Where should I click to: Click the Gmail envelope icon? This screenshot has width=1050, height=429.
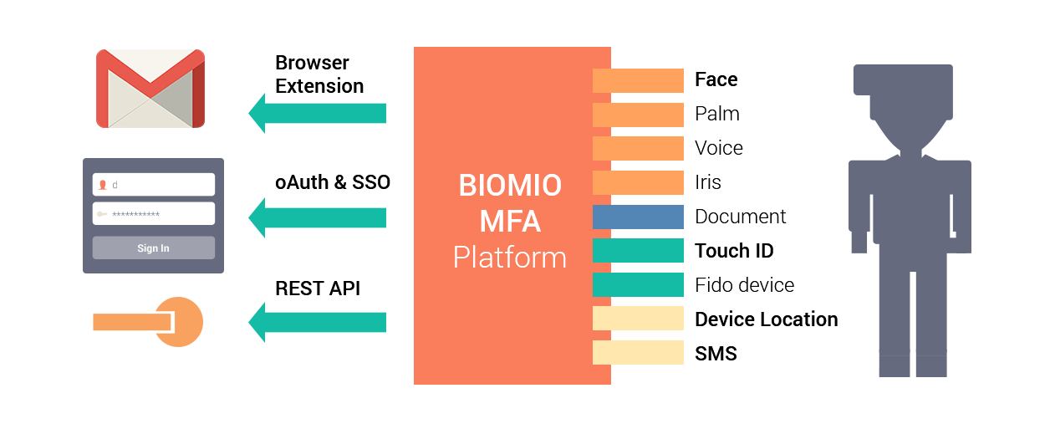click(150, 89)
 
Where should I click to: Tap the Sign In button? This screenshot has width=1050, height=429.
click(153, 248)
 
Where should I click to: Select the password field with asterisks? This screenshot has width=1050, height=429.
click(153, 214)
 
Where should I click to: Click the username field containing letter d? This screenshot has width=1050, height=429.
click(153, 184)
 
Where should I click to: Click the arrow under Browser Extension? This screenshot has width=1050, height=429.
click(318, 113)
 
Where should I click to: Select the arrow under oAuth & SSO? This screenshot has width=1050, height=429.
click(318, 217)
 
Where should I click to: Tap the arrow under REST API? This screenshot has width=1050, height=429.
click(318, 322)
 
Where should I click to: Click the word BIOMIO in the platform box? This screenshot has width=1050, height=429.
click(510, 185)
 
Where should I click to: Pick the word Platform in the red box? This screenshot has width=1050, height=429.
click(510, 258)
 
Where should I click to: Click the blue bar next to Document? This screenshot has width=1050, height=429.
click(638, 217)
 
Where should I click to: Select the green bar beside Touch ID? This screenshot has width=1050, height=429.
click(638, 250)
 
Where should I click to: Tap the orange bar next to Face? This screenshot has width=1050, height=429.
click(638, 80)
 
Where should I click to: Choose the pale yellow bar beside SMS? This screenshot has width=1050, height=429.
click(638, 353)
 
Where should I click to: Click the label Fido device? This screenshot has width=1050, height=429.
click(744, 285)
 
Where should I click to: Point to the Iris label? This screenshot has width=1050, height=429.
click(708, 182)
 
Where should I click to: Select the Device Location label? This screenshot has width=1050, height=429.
click(767, 319)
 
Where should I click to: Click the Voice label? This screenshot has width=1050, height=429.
click(719, 148)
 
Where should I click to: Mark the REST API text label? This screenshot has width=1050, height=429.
click(318, 289)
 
